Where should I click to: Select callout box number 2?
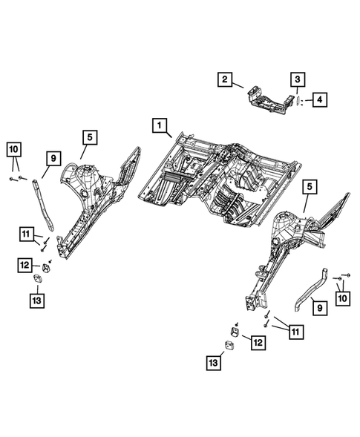click(x=225, y=79)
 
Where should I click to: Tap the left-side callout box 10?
click(x=14, y=150)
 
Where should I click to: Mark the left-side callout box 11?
click(x=27, y=237)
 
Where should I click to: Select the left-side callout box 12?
click(x=24, y=263)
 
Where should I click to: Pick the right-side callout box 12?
click(x=258, y=343)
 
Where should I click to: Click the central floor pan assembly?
click(x=223, y=174)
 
